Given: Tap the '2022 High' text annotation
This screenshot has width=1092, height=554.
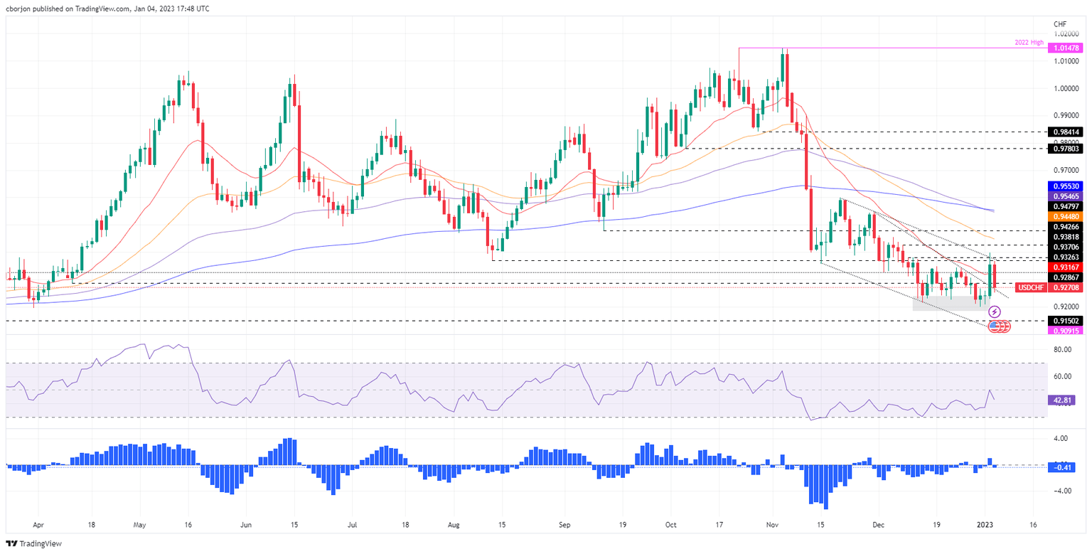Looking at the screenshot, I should point(1029,43).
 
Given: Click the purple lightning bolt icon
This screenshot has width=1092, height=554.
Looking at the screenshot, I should point(995,312).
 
